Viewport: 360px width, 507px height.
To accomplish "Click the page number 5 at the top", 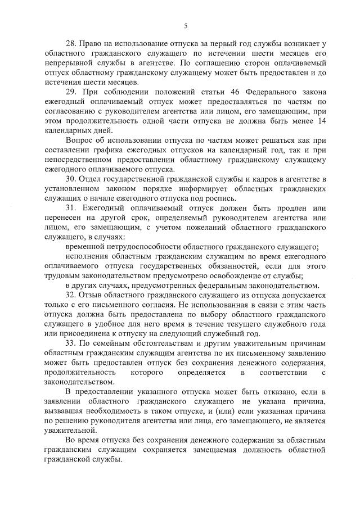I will (x=185, y=25).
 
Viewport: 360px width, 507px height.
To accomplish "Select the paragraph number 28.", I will (x=71, y=43).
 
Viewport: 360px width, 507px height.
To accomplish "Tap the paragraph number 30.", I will (x=71, y=179).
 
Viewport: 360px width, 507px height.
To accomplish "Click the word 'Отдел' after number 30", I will (x=93, y=179).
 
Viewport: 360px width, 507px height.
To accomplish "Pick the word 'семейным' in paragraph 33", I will (x=115, y=344).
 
